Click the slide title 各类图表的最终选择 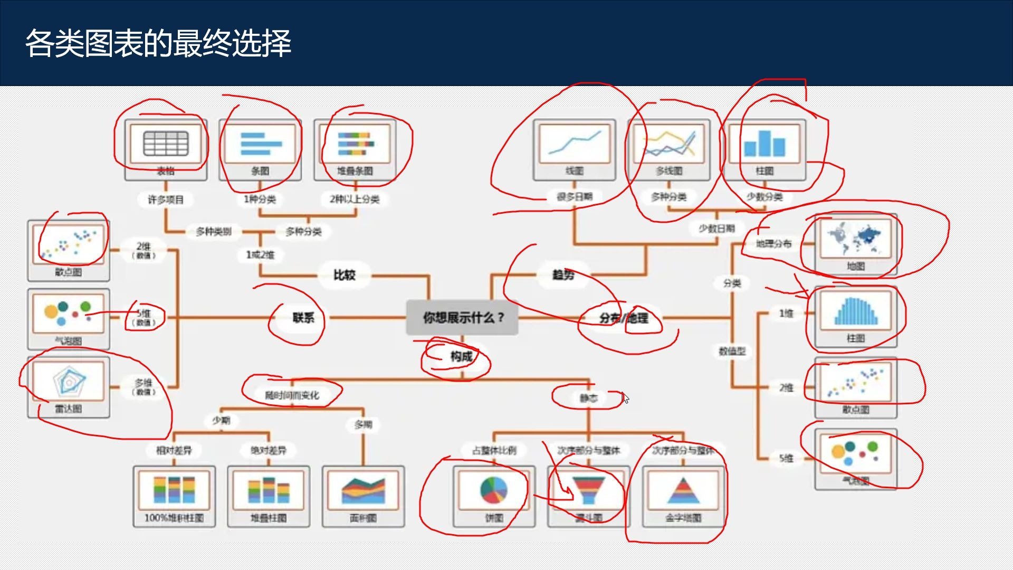click(158, 43)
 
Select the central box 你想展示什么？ click(462, 318)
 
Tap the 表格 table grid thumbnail click(166, 144)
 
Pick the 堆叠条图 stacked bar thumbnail click(355, 144)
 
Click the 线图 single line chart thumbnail click(574, 144)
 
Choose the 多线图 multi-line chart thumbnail click(668, 144)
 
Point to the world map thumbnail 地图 click(855, 239)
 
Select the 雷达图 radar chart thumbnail click(69, 381)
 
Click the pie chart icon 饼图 click(494, 490)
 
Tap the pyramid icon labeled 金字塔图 click(683, 490)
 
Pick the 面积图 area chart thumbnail click(363, 490)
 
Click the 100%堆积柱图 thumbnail click(174, 490)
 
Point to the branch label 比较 click(344, 275)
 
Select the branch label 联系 click(303, 318)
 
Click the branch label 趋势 click(562, 275)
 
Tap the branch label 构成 click(461, 357)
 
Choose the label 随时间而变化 click(292, 395)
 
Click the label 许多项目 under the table click(166, 199)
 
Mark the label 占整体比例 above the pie click(494, 450)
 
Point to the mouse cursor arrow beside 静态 click(625, 397)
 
